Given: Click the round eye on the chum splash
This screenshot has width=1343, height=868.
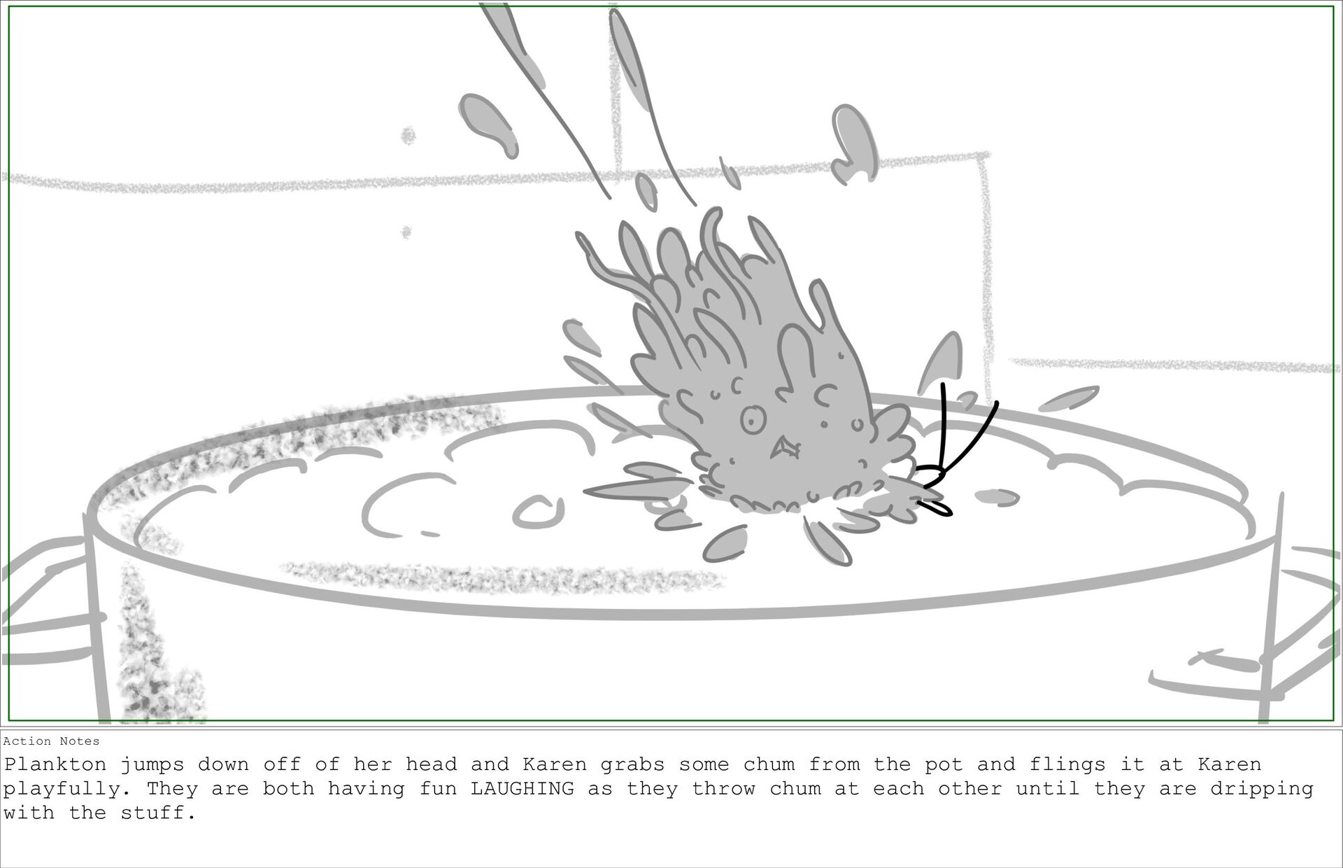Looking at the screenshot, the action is coord(753,420).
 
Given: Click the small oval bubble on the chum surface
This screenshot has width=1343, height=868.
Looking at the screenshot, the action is coord(539,512).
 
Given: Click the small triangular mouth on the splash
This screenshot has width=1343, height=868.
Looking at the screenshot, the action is coord(784,448).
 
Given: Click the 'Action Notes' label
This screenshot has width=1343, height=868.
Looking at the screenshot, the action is coord(52,741).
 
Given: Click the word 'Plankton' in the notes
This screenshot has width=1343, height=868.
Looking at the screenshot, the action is coord(55,764).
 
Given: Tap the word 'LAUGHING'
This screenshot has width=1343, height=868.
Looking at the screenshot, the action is coord(523,789).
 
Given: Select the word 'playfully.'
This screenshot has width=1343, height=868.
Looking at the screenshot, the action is coord(69,790).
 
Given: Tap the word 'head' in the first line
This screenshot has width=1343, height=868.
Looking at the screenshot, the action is coord(432,764).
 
